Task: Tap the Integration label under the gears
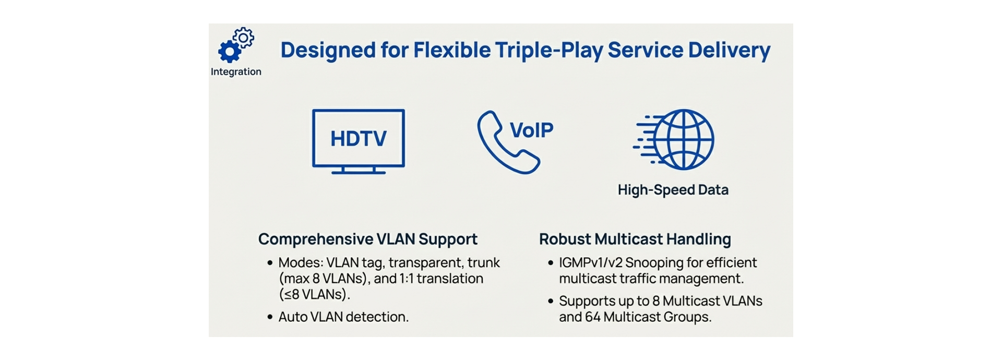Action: pyautogui.click(x=236, y=72)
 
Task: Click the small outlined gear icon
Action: pyautogui.click(x=244, y=38)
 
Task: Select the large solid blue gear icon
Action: pyautogui.click(x=229, y=51)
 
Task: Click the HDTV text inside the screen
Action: pyautogui.click(x=359, y=139)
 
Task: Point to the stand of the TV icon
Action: pyautogui.click(x=359, y=170)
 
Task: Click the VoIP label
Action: pyautogui.click(x=531, y=130)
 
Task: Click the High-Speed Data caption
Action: pyautogui.click(x=673, y=190)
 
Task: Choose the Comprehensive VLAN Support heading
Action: pyautogui.click(x=367, y=239)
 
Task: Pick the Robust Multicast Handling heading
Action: pyautogui.click(x=635, y=239)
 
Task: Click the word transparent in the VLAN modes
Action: pyautogui.click(x=425, y=262)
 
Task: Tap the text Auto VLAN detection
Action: pyautogui.click(x=343, y=317)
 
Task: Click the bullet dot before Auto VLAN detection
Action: pyautogui.click(x=270, y=317)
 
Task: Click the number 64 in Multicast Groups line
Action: pyautogui.click(x=592, y=317)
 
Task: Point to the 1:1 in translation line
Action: pyautogui.click(x=406, y=279)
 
